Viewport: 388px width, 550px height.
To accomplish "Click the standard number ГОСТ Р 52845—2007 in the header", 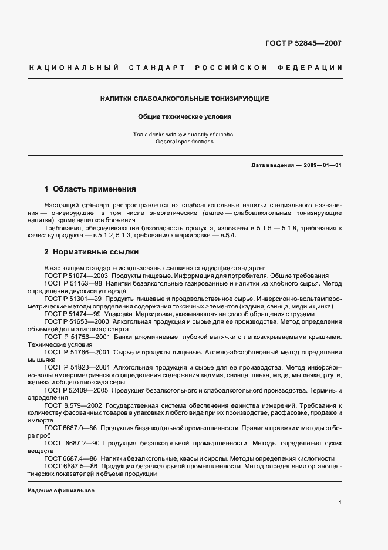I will point(304,43).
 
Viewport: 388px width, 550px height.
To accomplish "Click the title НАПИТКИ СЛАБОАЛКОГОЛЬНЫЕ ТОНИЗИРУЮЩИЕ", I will point(184,99).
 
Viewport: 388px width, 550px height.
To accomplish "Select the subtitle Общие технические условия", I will point(184,117).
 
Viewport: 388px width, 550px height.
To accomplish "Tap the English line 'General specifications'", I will point(184,142).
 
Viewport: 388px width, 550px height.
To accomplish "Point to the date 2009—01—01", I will point(321,165).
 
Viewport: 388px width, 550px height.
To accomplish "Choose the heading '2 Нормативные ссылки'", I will point(92,252).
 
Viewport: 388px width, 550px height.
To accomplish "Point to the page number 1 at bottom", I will point(340,502).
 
